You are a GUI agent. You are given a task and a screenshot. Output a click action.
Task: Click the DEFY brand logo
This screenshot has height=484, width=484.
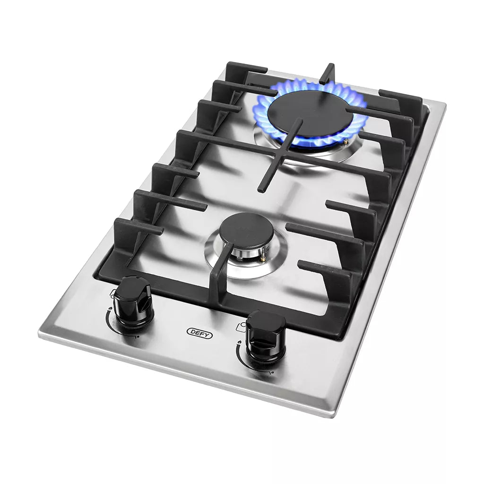(x=199, y=333)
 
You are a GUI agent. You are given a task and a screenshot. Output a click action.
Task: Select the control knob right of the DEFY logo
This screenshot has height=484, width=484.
(x=265, y=337)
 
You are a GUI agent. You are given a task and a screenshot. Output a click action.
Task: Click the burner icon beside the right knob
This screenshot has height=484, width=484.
(x=242, y=327)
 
